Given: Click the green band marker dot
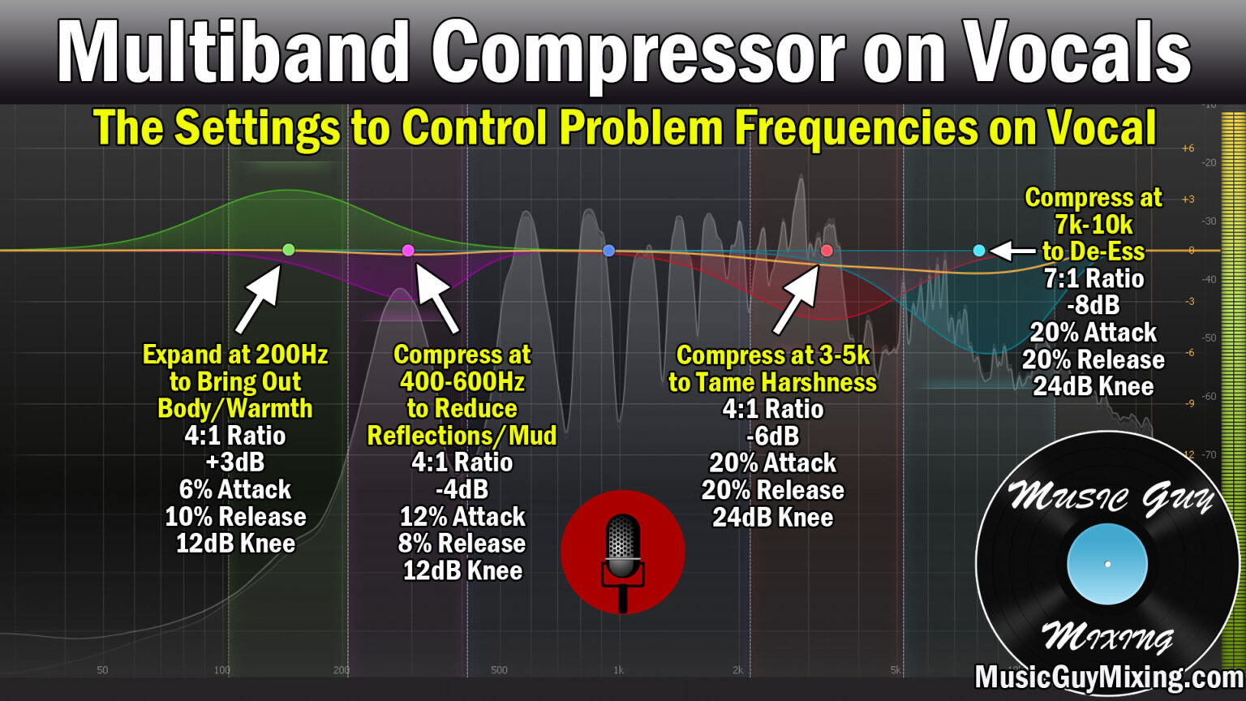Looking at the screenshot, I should [288, 250].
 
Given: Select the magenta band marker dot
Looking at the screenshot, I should [408, 251].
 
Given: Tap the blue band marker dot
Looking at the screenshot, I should [608, 251].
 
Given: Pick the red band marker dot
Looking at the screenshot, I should [827, 251].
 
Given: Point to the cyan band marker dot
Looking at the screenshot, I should [979, 251].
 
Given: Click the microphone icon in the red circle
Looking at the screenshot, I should [623, 552].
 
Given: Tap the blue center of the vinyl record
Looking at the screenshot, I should [1107, 564].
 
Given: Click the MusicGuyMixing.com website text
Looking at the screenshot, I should [1108, 677].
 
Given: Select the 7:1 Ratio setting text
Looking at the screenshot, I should [1093, 278].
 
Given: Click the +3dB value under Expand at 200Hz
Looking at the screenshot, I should [235, 462].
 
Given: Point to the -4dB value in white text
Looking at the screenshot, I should [462, 489].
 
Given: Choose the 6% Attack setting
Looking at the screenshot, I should [235, 489].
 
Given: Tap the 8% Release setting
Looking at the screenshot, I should [462, 544].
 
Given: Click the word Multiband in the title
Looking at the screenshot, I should [232, 52].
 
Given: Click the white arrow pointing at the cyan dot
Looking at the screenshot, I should [1012, 251].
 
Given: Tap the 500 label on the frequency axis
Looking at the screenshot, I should [499, 670].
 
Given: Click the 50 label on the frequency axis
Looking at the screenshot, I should [102, 670].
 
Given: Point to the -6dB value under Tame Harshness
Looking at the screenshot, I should [772, 436].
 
